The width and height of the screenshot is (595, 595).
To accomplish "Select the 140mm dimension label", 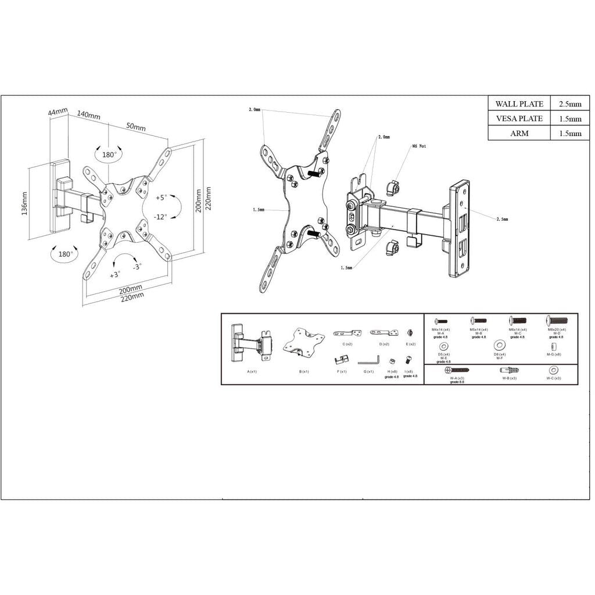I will point(88,115).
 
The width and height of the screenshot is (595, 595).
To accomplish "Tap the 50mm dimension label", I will point(136,127).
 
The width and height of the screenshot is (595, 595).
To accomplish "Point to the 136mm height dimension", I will point(24,203).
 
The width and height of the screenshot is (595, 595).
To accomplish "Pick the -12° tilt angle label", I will point(161,216).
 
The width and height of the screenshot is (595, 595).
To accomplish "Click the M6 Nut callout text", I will point(419,146).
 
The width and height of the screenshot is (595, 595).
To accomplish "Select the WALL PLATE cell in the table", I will point(519,104).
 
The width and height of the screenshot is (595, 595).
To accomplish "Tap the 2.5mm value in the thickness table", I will point(569,104).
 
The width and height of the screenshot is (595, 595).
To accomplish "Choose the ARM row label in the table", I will point(519,133).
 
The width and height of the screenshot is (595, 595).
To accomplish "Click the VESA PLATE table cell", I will point(519,119).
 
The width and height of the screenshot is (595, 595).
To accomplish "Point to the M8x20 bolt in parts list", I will point(556,321).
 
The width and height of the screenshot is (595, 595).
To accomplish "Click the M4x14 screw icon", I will point(442,321).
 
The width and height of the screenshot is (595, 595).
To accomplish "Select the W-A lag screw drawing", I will point(457,370).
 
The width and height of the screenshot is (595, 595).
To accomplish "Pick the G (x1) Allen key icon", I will point(368,360).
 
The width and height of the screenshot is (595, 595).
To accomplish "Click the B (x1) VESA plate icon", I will point(303,342).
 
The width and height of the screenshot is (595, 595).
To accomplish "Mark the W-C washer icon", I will point(553,370).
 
